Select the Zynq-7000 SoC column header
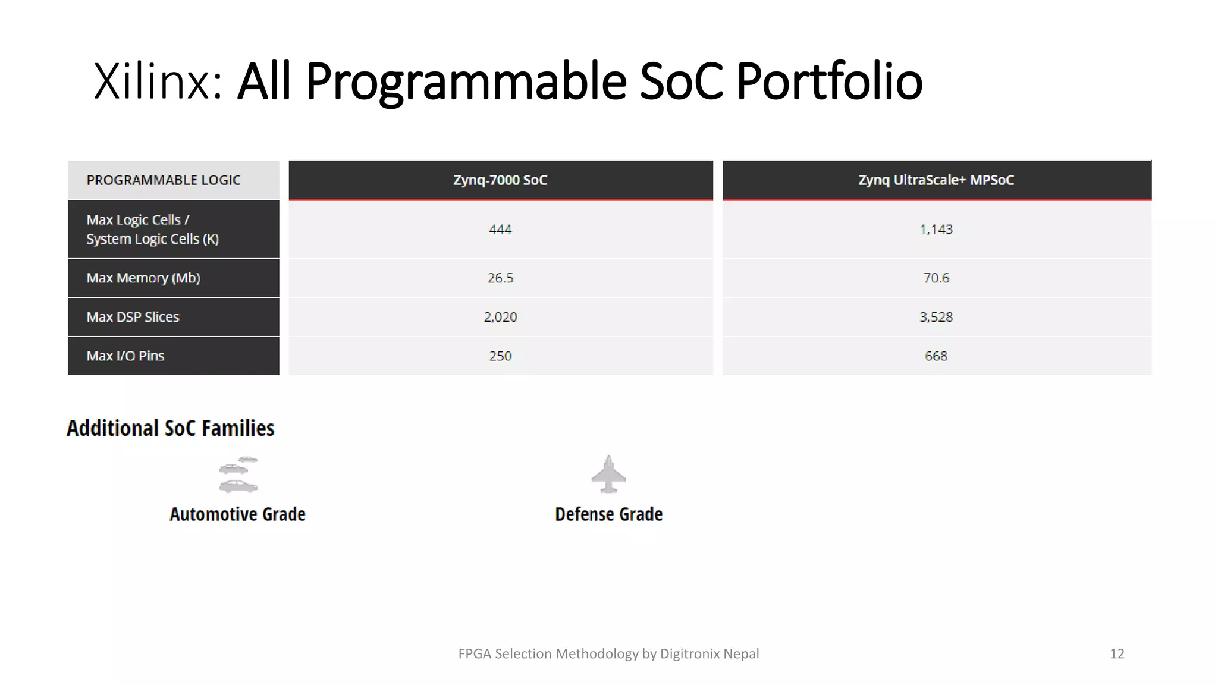click(500, 180)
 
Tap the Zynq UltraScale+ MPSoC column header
click(936, 180)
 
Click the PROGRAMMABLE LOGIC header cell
click(164, 180)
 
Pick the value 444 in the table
click(500, 230)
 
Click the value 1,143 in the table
click(936, 230)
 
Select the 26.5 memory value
click(500, 278)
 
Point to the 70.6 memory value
click(936, 278)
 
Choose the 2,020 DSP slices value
click(500, 317)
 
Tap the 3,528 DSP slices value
click(936, 317)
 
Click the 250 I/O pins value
click(500, 356)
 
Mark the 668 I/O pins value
click(936, 356)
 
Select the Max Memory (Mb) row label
click(143, 278)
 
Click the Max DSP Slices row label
click(133, 317)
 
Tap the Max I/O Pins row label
click(125, 356)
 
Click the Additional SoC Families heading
click(171, 428)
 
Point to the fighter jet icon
click(608, 475)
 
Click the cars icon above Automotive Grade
click(238, 475)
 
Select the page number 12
click(1117, 654)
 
